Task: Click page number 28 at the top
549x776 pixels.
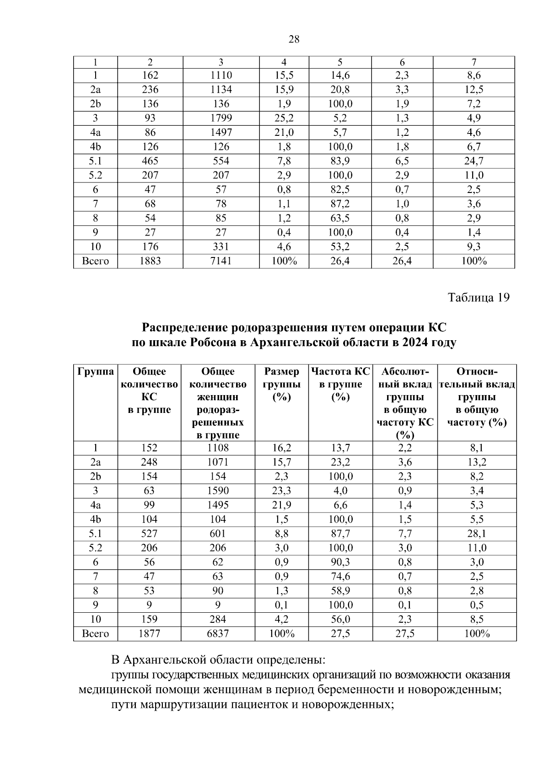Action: (294, 39)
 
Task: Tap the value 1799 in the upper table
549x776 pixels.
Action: (221, 118)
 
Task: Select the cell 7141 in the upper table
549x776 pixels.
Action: (221, 261)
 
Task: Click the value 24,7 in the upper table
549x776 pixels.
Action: (474, 161)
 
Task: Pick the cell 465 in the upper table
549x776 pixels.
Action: (150, 161)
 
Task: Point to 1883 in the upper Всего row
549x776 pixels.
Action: (150, 261)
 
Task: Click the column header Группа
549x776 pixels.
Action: (96, 371)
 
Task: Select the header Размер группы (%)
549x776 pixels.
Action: (282, 384)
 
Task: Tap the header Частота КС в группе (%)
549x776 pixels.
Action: (340, 384)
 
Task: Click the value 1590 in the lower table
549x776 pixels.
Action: (218, 491)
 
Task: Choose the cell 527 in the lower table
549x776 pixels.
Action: (149, 534)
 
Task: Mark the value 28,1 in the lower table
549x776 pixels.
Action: (477, 534)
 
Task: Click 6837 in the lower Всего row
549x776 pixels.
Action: (218, 634)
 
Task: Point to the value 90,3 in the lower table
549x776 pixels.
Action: (340, 562)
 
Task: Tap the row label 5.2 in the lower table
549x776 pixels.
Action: (96, 548)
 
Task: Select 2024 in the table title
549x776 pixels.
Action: (415, 343)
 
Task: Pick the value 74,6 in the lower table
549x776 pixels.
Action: (340, 577)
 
